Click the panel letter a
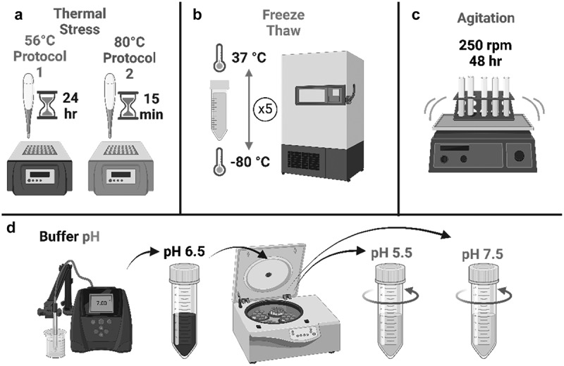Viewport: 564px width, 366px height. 11,11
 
